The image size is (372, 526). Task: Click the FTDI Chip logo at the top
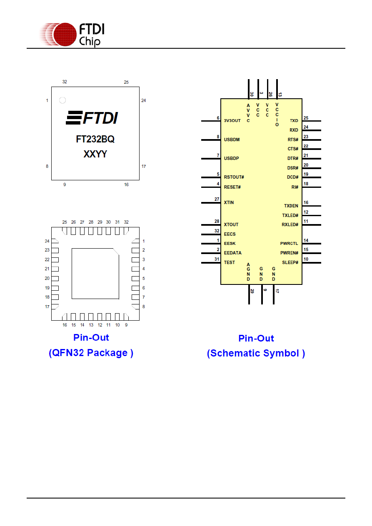[72, 35]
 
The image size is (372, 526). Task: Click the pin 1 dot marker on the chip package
[62, 100]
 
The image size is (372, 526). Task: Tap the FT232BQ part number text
[95, 139]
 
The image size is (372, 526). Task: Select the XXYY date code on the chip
[95, 154]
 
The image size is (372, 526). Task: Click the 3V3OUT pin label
[232, 121]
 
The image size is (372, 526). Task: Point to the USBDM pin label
[232, 140]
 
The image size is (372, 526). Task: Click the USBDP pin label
[231, 159]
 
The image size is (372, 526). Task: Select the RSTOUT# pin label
[234, 177]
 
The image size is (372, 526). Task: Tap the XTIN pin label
[229, 202]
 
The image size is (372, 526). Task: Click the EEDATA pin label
[232, 253]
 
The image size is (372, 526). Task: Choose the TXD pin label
[294, 121]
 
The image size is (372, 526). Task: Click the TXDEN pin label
[291, 206]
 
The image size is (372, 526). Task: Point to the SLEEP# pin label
[290, 262]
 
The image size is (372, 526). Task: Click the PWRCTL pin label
[289, 244]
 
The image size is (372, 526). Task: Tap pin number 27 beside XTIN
[217, 199]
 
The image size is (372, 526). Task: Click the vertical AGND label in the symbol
[248, 272]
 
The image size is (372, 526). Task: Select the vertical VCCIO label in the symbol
[277, 115]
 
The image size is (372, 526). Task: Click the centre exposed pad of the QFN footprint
[95, 274]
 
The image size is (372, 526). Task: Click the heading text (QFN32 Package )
[91, 353]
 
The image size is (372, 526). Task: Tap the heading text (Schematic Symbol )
[256, 353]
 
